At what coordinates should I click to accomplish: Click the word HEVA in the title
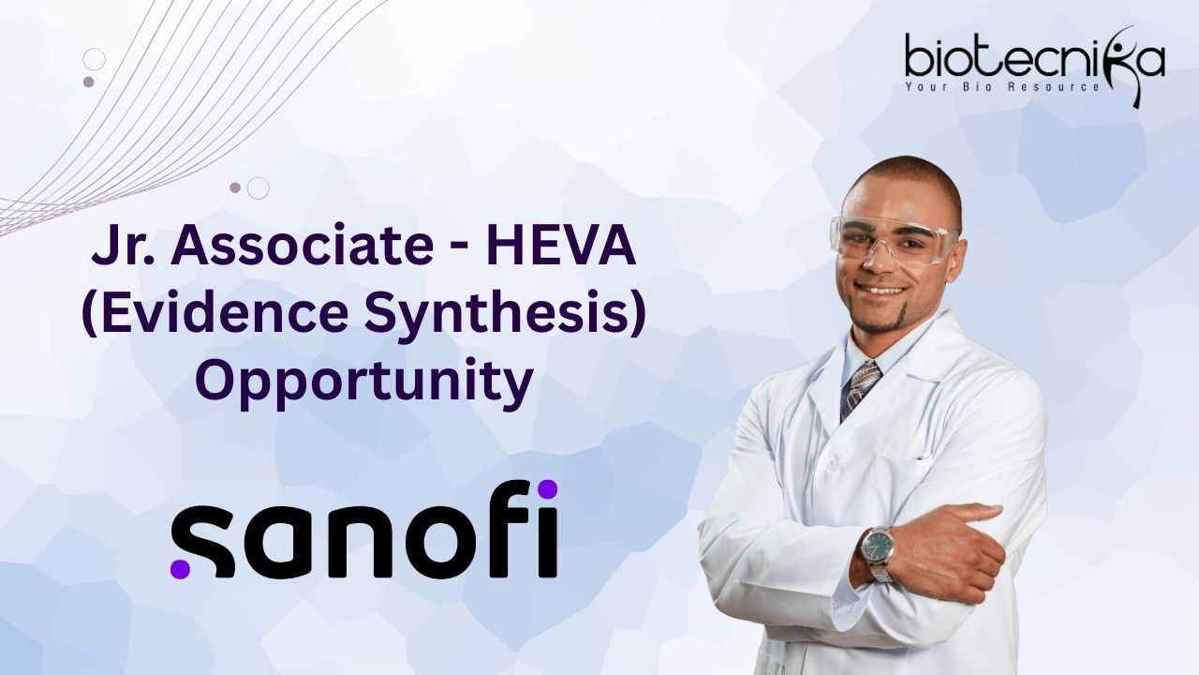pyautogui.click(x=560, y=247)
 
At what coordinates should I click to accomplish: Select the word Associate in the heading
pyautogui.click(x=302, y=247)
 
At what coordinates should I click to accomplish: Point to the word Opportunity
pyautogui.click(x=364, y=383)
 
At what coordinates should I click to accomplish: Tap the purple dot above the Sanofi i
pyautogui.click(x=547, y=489)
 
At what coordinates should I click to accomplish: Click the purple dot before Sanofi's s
pyautogui.click(x=181, y=568)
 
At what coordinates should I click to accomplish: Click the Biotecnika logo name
pyautogui.click(x=1034, y=56)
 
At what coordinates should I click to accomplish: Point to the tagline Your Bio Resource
pyautogui.click(x=1001, y=86)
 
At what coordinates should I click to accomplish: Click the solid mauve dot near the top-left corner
pyautogui.click(x=89, y=82)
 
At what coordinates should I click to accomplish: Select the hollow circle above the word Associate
pyautogui.click(x=258, y=188)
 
